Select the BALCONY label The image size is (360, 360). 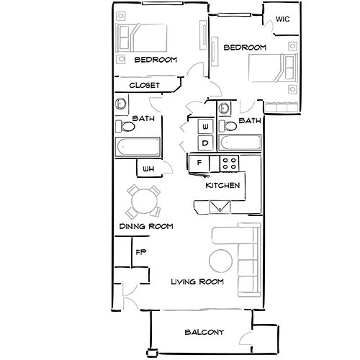(x=204, y=332)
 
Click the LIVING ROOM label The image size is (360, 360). (x=197, y=282)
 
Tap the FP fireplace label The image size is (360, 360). (x=141, y=253)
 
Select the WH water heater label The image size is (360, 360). (x=148, y=169)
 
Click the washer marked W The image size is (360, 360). (x=204, y=127)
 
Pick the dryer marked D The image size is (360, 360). (x=204, y=143)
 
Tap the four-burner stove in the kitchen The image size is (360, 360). (x=230, y=163)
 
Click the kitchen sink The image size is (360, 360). (x=219, y=207)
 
